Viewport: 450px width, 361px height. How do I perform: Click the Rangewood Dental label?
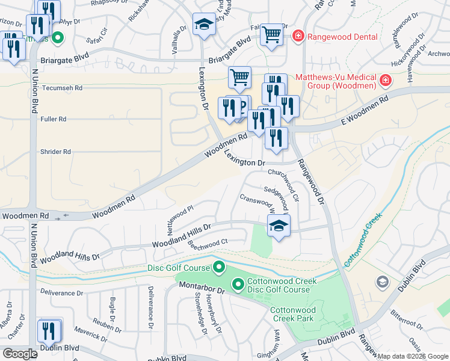342,37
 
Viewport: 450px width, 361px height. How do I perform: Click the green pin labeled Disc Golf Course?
219,267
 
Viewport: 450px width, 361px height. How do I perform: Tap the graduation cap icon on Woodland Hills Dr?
279,227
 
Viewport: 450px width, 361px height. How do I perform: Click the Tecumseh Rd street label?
61,87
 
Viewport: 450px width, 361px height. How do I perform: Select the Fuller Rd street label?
53,119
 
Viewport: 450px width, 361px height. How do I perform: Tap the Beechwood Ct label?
208,243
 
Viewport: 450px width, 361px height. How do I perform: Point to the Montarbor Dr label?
202,290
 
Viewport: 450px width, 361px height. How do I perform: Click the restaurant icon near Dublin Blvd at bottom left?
49,331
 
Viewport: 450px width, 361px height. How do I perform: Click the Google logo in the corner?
20,354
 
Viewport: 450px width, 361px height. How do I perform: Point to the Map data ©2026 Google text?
413,356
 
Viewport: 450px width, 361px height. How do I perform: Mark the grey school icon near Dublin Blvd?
383,282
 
